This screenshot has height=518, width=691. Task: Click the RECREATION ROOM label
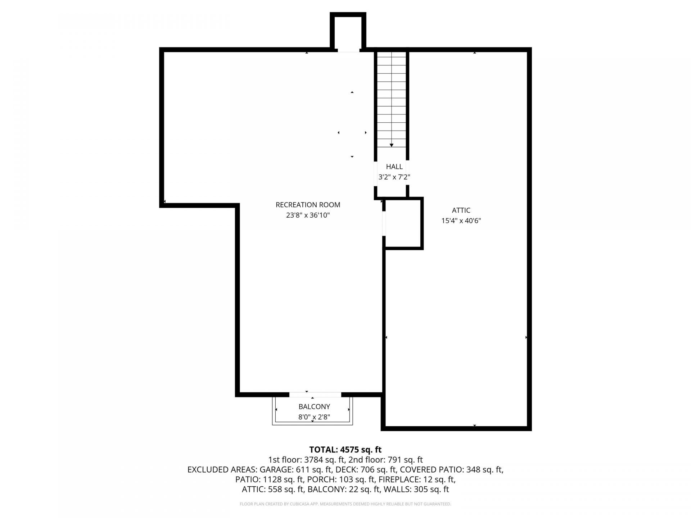(x=308, y=205)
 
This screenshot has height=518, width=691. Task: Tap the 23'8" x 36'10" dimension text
(x=308, y=215)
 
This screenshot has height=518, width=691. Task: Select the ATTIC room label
(x=461, y=210)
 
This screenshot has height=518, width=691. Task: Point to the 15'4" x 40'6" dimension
(x=461, y=221)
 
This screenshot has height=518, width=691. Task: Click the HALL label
(x=394, y=167)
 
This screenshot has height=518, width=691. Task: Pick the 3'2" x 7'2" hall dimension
(x=394, y=177)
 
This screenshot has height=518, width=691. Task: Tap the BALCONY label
(x=314, y=406)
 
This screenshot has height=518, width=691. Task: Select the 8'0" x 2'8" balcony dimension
(x=314, y=417)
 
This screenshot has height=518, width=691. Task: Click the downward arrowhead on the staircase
(x=392, y=145)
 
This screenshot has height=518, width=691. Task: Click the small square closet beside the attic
(x=403, y=223)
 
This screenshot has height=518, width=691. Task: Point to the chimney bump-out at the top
(x=348, y=32)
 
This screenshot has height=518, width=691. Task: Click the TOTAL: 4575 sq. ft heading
(x=345, y=450)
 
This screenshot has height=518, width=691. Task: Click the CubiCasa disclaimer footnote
(x=345, y=504)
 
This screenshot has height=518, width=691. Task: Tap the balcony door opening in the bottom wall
(x=315, y=395)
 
